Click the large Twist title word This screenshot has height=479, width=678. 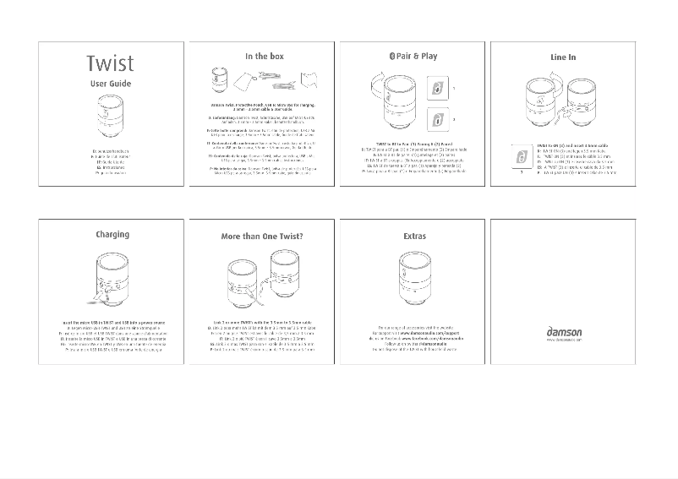110,64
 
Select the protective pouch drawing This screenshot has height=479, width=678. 246,81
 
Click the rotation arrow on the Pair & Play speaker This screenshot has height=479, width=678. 377,84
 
